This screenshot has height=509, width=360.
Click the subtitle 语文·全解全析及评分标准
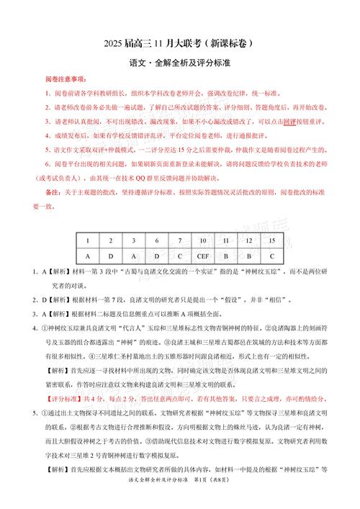(179, 65)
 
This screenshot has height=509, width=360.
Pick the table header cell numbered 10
(204, 241)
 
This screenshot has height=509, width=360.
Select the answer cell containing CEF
(204, 256)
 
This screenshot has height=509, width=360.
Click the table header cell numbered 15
(271, 241)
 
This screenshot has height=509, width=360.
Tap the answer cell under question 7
(180, 256)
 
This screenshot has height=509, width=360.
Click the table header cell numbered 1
(88, 241)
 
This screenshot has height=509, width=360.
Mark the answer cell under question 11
(226, 256)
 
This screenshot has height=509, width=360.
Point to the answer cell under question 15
(271, 256)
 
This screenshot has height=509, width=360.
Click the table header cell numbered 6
(157, 241)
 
